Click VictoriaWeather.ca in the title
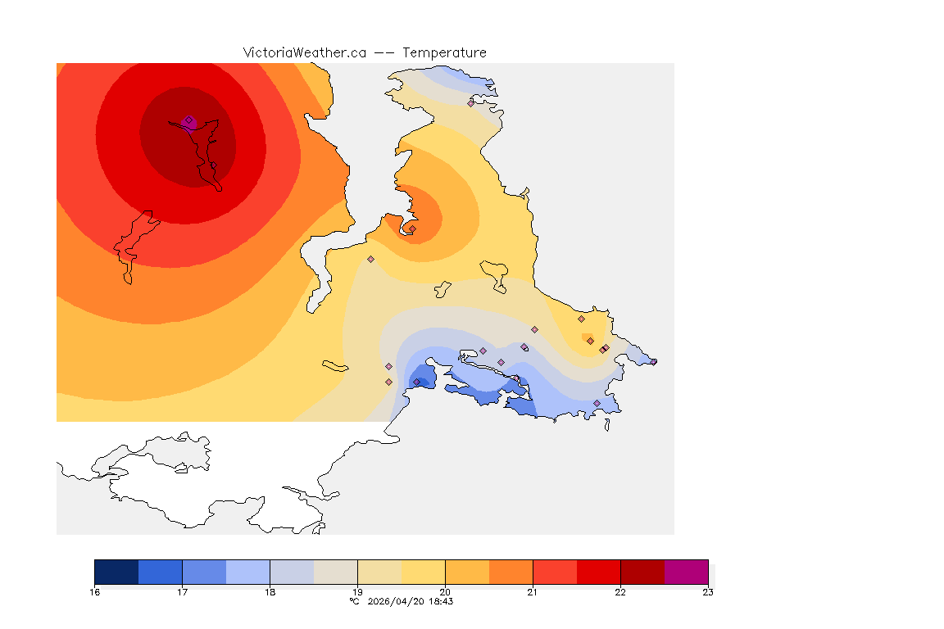point(304,52)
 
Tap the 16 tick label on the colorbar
point(95,592)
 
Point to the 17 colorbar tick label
point(182,592)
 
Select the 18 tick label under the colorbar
point(270,592)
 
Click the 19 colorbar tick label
point(357,592)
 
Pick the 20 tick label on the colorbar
point(445,592)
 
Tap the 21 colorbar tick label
point(533,592)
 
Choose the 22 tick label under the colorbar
point(620,592)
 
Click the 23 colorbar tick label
point(708,592)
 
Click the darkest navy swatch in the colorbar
point(116,572)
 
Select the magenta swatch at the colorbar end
point(686,572)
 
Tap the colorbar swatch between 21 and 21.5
point(555,572)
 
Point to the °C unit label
point(354,601)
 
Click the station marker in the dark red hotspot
point(189,120)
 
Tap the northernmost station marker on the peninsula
point(471,103)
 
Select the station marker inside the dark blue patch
point(417,382)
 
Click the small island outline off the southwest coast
point(336,365)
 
